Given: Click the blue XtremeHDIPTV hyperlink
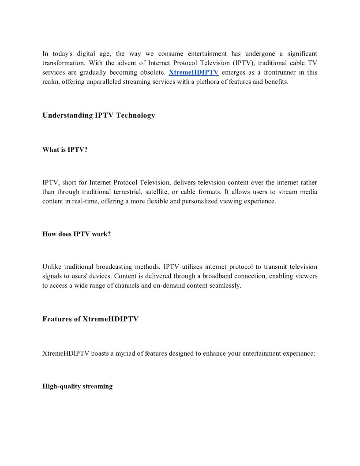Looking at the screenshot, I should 194,72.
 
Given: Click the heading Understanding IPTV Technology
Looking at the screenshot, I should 98,116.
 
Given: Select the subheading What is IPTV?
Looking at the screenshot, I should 65,150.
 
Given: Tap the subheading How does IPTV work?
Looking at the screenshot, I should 76,234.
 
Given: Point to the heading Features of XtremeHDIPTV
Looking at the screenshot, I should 90,319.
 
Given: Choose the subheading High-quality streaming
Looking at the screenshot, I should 77,387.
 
